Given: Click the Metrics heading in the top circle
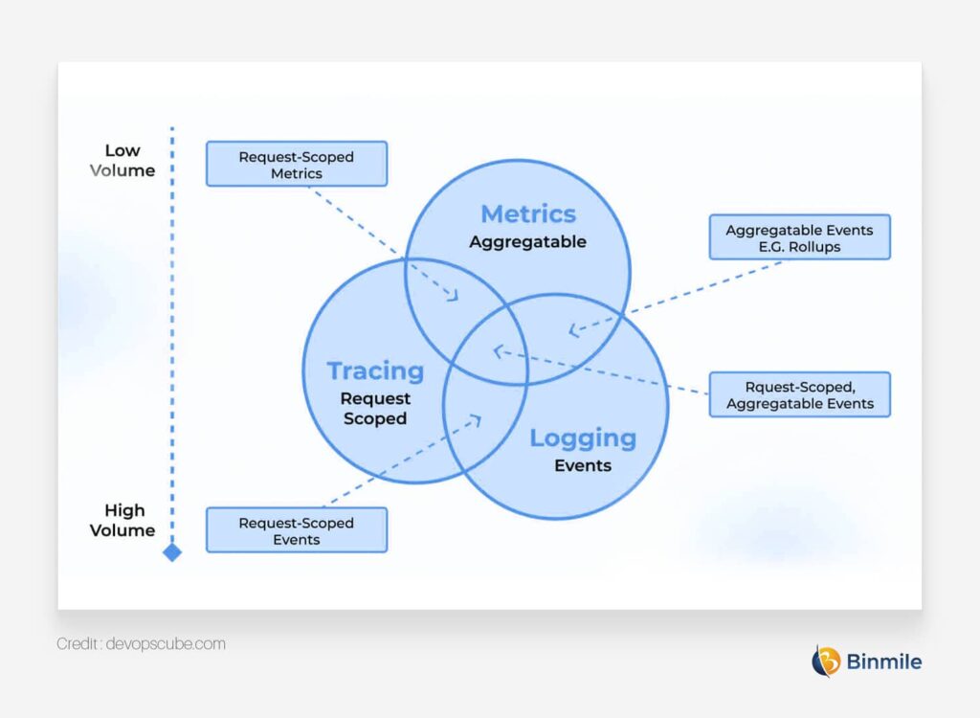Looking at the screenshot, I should (528, 213).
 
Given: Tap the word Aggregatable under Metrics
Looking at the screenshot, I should (527, 242).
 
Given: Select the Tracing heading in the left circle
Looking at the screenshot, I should (375, 370).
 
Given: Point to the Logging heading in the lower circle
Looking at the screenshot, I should (583, 438).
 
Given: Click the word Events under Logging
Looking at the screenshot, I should (583, 466).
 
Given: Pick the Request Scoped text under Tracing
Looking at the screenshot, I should (375, 409).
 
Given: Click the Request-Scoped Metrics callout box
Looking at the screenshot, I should (297, 164).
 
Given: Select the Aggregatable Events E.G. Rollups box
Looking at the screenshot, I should (799, 237).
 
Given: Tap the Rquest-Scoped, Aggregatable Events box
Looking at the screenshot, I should (799, 394).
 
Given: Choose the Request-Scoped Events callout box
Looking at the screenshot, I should (297, 530).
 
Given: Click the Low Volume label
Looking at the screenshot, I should (122, 160).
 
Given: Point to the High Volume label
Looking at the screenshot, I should (122, 520).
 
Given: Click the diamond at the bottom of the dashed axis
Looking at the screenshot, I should (172, 552).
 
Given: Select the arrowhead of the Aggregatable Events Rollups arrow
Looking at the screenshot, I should (572, 331).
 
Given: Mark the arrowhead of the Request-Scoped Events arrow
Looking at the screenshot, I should (479, 417).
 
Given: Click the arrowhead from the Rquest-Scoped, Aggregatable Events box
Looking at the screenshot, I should (497, 350).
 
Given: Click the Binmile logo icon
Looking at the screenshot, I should (826, 661).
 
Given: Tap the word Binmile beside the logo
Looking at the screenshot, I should (884, 661).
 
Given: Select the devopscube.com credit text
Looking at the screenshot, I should (141, 644).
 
